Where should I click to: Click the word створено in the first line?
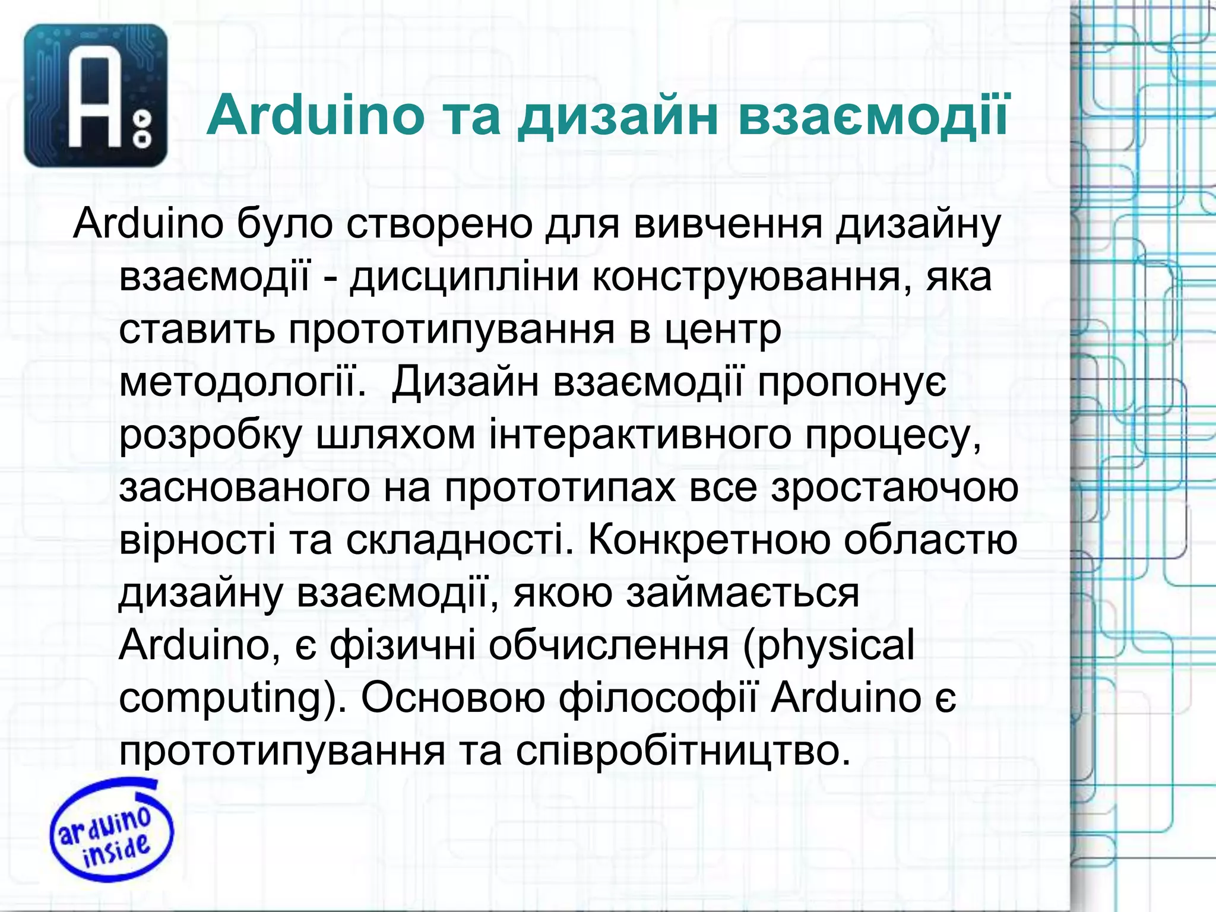[440, 225]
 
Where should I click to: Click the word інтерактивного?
[640, 435]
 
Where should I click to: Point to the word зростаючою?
[895, 487]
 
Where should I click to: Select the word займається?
[742, 593]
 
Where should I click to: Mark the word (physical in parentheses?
[828, 646]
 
